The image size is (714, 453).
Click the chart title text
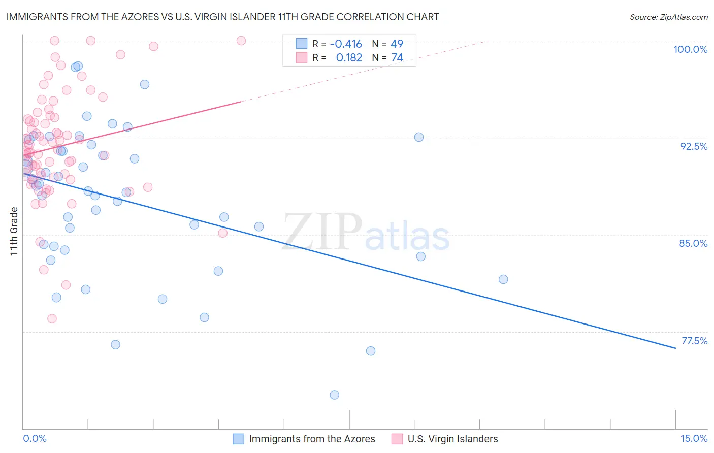[x=222, y=17]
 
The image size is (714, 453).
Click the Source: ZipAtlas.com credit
[x=668, y=17]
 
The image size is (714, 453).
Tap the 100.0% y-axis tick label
[x=690, y=49]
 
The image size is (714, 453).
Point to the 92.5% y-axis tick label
[x=694, y=146]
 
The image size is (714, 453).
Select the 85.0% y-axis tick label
[x=693, y=243]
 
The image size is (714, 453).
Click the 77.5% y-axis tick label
[x=694, y=341]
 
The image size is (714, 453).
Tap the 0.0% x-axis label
[x=35, y=438]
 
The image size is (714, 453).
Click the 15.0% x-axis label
[x=694, y=438]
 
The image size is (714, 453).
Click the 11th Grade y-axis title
[x=14, y=231]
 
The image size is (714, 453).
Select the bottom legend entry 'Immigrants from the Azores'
[x=312, y=439]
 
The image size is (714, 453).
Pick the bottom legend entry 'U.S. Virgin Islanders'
[x=452, y=439]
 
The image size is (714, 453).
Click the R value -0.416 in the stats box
[x=346, y=44]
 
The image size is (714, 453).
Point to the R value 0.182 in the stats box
[x=349, y=58]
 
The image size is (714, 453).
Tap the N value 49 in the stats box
[x=397, y=44]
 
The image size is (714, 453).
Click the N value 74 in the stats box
[x=397, y=58]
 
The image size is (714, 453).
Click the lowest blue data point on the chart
[x=334, y=395]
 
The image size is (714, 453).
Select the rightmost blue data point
[x=503, y=279]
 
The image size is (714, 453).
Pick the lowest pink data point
[x=52, y=318]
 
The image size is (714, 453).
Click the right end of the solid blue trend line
[x=675, y=348]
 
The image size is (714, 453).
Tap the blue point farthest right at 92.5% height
[x=419, y=137]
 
